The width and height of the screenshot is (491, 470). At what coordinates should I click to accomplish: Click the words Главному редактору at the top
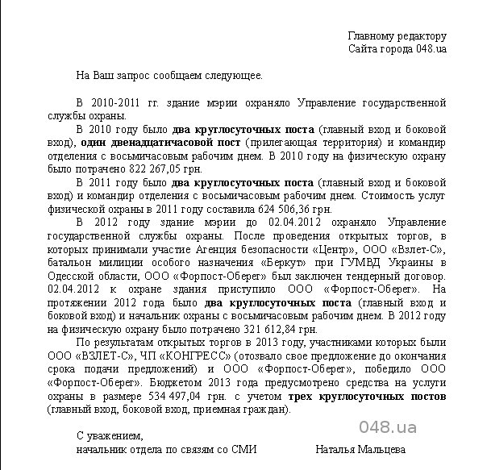click(397, 36)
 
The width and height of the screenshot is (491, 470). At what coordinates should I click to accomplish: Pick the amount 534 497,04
click(177, 397)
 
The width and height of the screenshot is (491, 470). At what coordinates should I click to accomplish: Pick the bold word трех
click(302, 397)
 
